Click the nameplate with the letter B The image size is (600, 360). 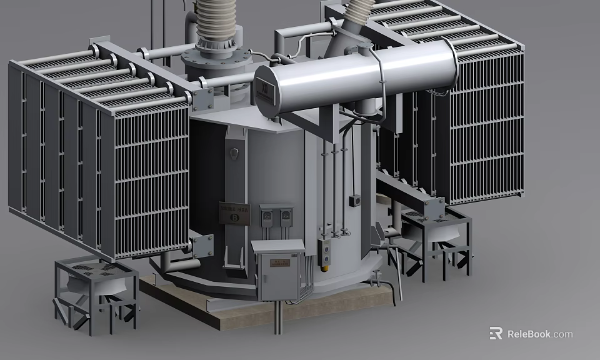click(234, 212)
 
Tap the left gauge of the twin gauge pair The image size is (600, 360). click(267, 217)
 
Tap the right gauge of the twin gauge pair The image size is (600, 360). click(285, 217)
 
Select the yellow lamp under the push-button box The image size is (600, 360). click(324, 269)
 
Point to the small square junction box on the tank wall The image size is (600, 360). click(354, 201)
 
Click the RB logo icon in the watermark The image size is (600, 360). click(496, 334)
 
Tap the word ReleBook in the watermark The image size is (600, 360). click(528, 334)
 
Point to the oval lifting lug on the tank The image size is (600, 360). click(234, 153)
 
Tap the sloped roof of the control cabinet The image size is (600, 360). click(277, 246)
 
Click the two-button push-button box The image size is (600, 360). click(324, 248)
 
